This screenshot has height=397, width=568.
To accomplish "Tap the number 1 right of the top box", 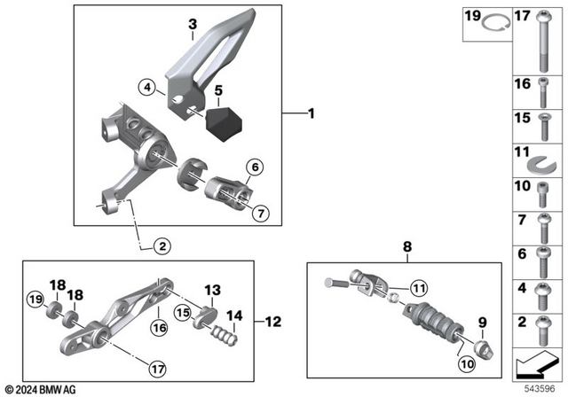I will click(x=310, y=113).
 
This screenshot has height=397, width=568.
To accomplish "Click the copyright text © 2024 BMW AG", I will click(x=41, y=389).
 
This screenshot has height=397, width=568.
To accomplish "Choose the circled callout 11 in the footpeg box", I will click(x=417, y=285).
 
